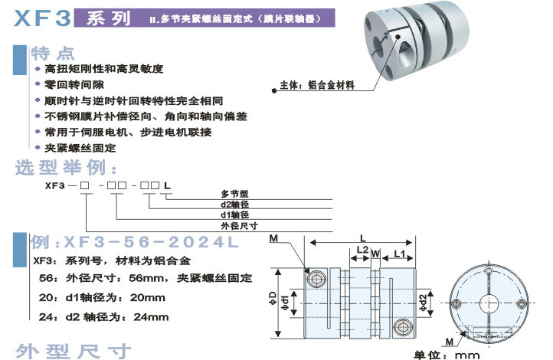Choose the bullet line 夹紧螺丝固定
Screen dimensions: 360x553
point(80,148)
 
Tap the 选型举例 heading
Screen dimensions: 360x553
point(66,167)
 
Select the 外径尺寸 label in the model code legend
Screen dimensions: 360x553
point(238,225)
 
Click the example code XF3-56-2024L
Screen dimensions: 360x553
point(133,243)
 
